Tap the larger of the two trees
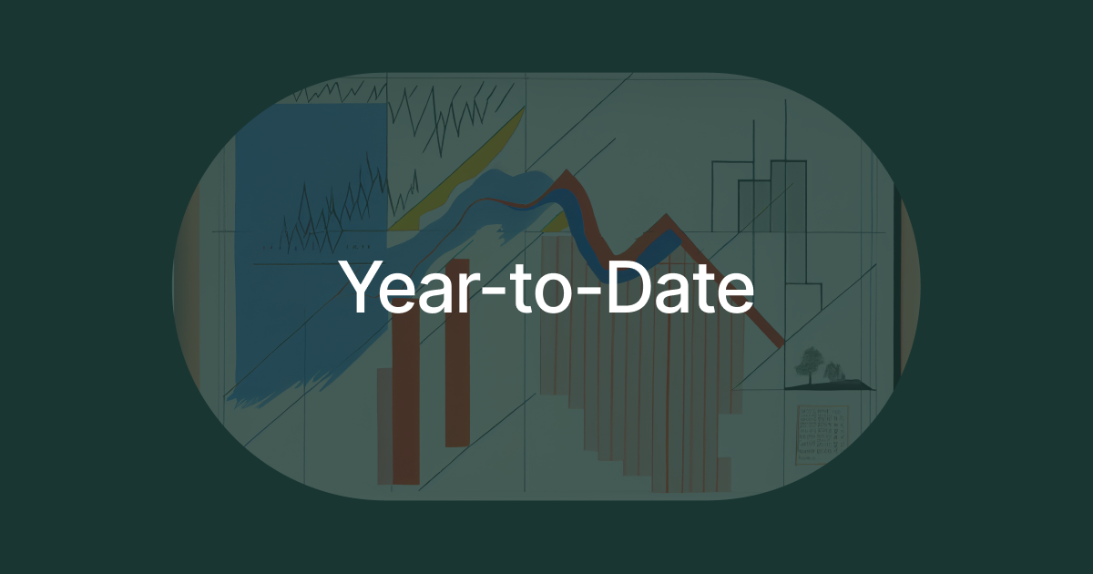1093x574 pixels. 807,362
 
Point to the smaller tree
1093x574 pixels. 833,370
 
